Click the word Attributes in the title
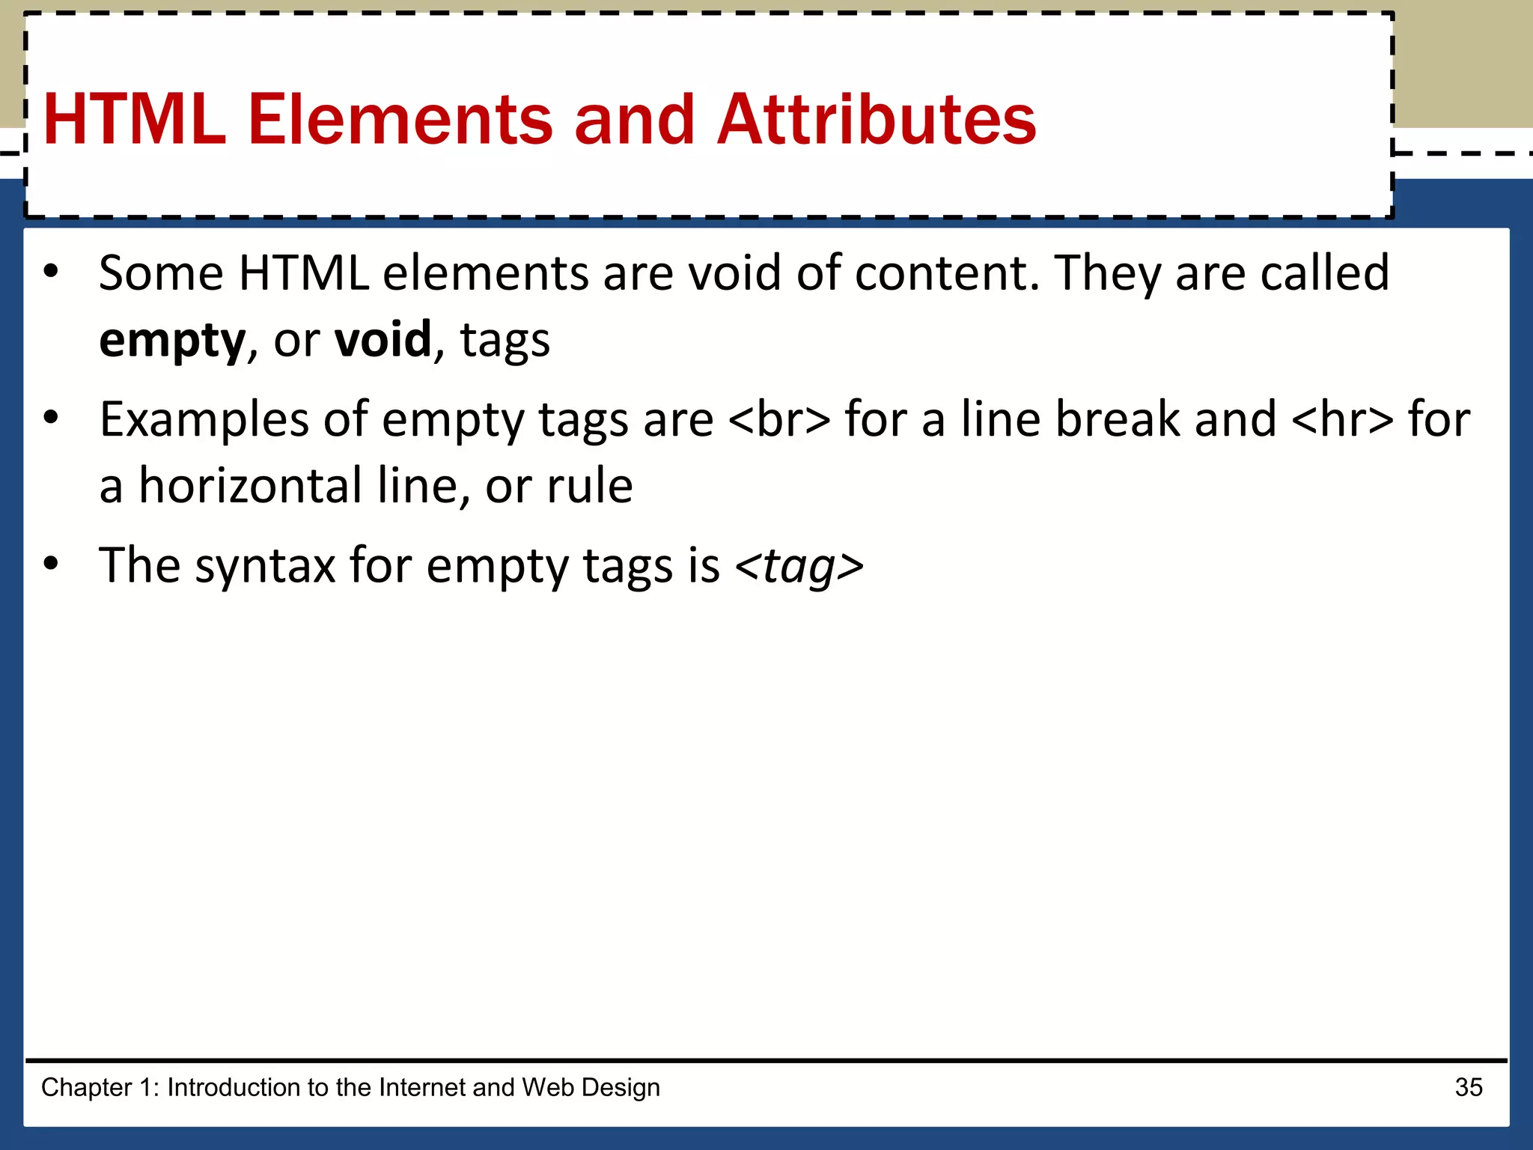pyautogui.click(x=876, y=120)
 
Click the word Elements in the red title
pyautogui.click(x=400, y=120)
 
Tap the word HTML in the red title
pyautogui.click(x=135, y=120)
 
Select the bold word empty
pyautogui.click(x=172, y=341)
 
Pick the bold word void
pyautogui.click(x=383, y=341)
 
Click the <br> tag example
pyautogui.click(x=779, y=419)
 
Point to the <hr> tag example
pyautogui.click(x=1343, y=419)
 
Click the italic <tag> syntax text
pyautogui.click(x=799, y=566)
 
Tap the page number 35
pyautogui.click(x=1469, y=1087)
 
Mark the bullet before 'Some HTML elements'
pyautogui.click(x=50, y=271)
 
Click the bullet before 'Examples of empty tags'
pyautogui.click(x=50, y=417)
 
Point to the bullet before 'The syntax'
pyautogui.click(x=50, y=563)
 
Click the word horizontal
pyautogui.click(x=251, y=487)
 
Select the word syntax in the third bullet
pyautogui.click(x=265, y=566)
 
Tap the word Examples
pyautogui.click(x=204, y=419)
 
